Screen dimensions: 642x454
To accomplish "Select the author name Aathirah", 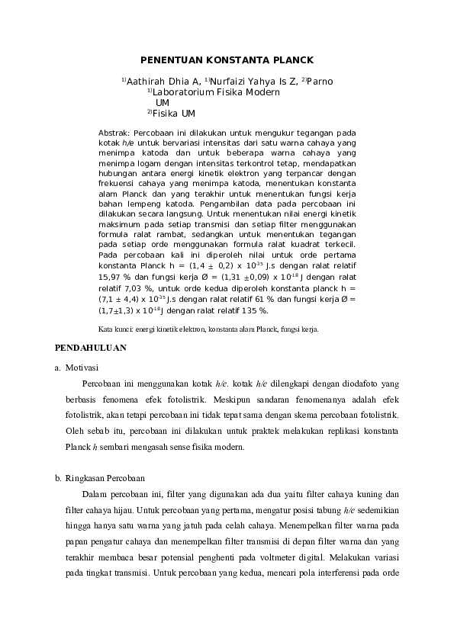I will click(x=145, y=82).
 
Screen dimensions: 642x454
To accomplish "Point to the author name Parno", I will click(x=319, y=82).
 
